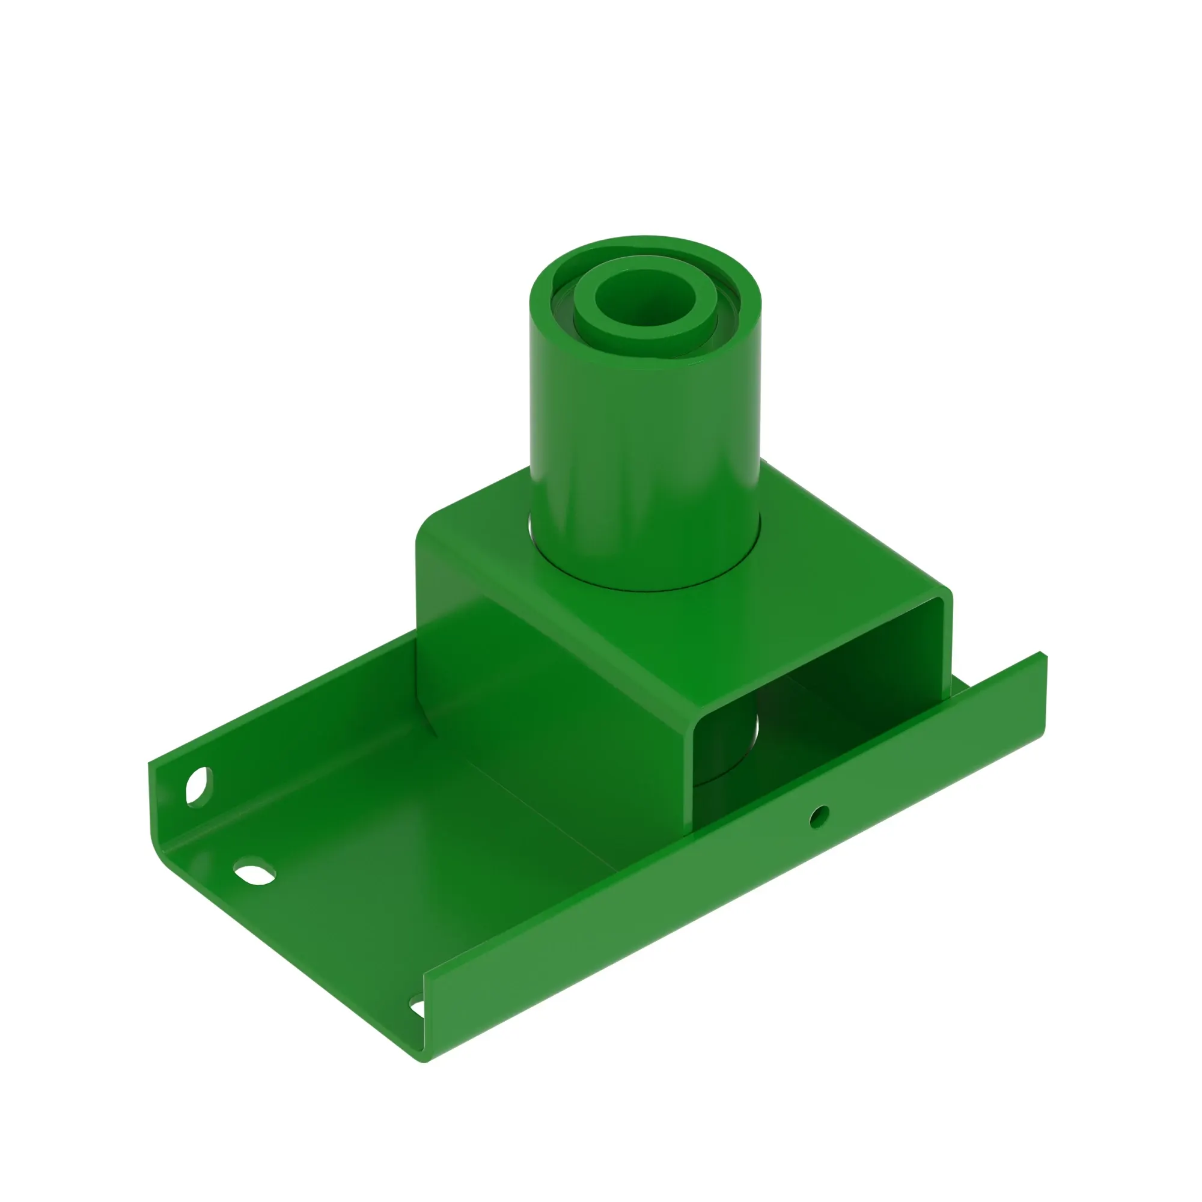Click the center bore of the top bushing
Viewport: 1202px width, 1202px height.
(644, 298)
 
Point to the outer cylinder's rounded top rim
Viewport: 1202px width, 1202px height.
(647, 242)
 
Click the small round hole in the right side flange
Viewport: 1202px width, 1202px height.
(819, 816)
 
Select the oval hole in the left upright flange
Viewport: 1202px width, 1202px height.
(198, 788)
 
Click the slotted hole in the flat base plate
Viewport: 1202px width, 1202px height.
(254, 872)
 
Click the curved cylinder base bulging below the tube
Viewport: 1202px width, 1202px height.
(429, 715)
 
